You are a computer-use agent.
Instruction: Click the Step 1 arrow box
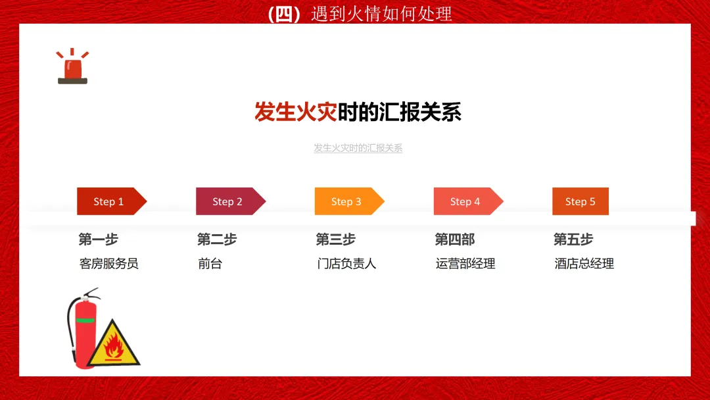click(x=112, y=201)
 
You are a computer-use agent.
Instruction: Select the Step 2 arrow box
click(x=231, y=201)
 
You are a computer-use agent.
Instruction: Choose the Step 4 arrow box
click(x=469, y=201)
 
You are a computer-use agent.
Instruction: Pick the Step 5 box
click(x=580, y=201)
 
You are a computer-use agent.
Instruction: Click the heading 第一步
click(x=98, y=239)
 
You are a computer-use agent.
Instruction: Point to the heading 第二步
click(x=217, y=239)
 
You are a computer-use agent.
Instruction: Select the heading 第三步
click(x=335, y=239)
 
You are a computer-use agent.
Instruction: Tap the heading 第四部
click(x=455, y=239)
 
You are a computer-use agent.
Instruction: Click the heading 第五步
click(x=573, y=239)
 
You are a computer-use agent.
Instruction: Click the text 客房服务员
click(x=108, y=264)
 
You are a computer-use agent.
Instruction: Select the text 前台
click(x=210, y=264)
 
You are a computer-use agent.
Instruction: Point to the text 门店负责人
click(x=346, y=264)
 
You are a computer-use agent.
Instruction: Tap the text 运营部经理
click(x=465, y=264)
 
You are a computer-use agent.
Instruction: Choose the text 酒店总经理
click(x=584, y=264)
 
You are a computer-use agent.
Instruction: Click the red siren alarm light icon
click(x=72, y=66)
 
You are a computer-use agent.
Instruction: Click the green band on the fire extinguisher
click(x=85, y=320)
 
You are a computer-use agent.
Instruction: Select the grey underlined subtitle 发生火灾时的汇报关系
click(x=358, y=148)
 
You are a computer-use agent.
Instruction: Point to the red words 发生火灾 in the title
click(x=295, y=112)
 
